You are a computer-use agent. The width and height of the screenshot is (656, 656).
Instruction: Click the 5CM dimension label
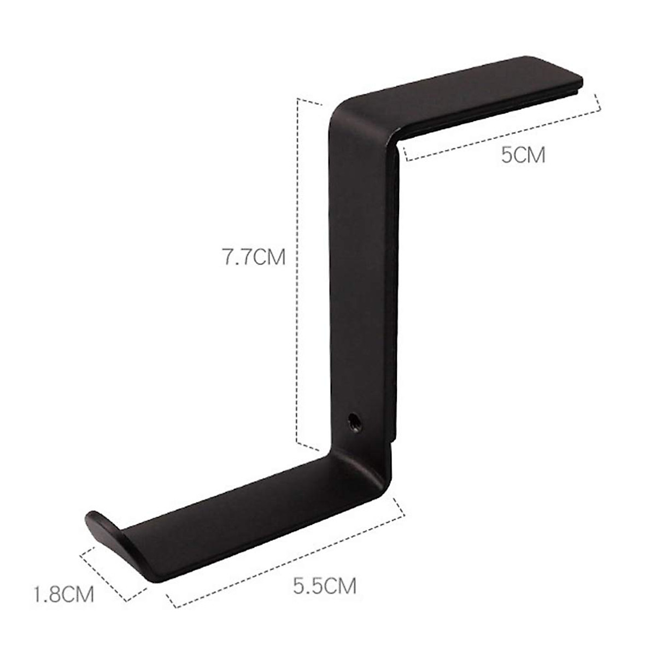[x=523, y=155]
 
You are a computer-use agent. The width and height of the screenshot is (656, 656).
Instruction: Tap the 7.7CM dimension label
[x=253, y=257]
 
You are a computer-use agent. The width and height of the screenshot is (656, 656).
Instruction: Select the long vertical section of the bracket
[x=364, y=273]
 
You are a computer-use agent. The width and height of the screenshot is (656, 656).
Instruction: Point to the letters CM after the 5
[x=530, y=155]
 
